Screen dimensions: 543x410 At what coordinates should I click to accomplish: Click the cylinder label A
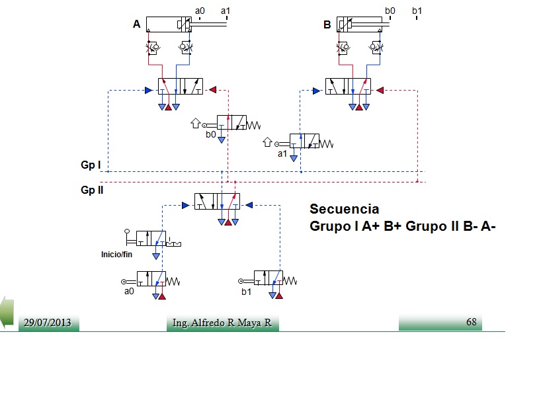tap(137, 24)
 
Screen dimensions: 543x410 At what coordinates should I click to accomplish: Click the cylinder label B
tap(327, 24)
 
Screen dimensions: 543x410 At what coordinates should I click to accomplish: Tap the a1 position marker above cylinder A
tap(226, 11)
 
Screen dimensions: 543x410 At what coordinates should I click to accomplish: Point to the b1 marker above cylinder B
tap(417, 11)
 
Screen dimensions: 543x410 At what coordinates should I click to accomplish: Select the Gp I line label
tap(91, 165)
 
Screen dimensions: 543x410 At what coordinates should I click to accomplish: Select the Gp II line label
tap(92, 190)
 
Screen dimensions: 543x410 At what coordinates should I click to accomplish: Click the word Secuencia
tap(344, 209)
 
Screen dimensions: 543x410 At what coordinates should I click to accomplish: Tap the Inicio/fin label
tap(116, 255)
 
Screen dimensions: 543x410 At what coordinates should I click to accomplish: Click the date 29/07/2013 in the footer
tap(47, 323)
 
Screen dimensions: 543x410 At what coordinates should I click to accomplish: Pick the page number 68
tap(472, 321)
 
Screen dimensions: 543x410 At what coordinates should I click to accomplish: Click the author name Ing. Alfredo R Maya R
tap(222, 323)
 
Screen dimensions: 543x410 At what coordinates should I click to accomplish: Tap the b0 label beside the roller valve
tap(211, 134)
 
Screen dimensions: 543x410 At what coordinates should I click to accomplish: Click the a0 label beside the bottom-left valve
tap(129, 291)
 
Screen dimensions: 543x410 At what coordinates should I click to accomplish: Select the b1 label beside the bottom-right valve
tap(246, 292)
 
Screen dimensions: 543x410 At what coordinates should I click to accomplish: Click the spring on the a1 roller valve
tap(326, 143)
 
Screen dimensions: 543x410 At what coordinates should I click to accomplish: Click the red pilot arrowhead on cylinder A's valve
tap(212, 90)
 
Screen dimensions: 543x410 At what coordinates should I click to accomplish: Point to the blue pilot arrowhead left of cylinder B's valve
tap(316, 91)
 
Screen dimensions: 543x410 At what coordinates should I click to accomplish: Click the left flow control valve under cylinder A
tap(152, 48)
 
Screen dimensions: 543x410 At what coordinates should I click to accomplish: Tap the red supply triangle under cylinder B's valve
tap(359, 107)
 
